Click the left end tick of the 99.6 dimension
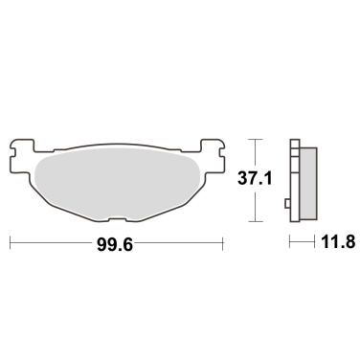coord(10,245)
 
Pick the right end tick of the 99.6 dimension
coord(223,245)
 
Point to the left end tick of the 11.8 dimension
coord(290,245)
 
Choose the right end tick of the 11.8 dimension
coord(314,245)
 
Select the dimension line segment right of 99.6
coord(182,245)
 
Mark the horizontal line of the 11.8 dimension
coord(302,245)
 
